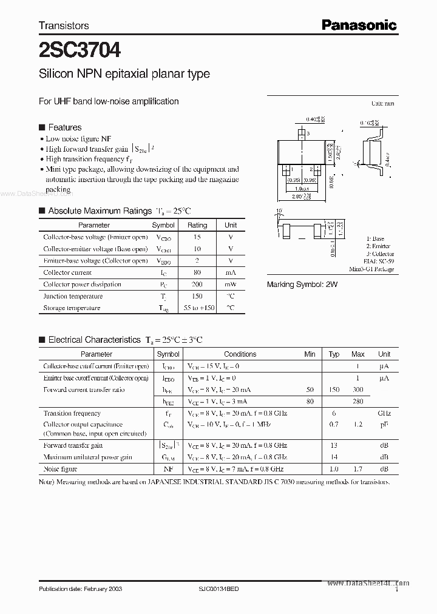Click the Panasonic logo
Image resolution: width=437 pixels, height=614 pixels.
coord(359,25)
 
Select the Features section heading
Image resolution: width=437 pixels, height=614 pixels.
coord(64,127)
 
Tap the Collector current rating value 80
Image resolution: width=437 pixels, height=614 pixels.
coord(197,272)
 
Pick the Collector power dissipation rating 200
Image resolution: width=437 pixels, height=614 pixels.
coord(197,284)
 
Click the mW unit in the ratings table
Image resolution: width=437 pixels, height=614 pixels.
coord(231,284)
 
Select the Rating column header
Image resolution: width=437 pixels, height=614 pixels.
coord(197,225)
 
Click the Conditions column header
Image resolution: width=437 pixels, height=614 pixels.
coord(240,354)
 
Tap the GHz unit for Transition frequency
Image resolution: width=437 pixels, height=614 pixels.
coord(384,413)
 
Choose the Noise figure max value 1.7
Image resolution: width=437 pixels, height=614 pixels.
coord(357,469)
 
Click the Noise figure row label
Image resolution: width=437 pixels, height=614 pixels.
coord(60,469)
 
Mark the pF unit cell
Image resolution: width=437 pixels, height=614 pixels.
coord(384,425)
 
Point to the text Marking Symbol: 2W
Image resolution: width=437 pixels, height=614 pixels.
coord(302,284)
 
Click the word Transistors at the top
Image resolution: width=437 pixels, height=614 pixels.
coord(64,25)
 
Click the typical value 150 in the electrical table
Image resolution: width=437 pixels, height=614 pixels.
coord(334,390)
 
